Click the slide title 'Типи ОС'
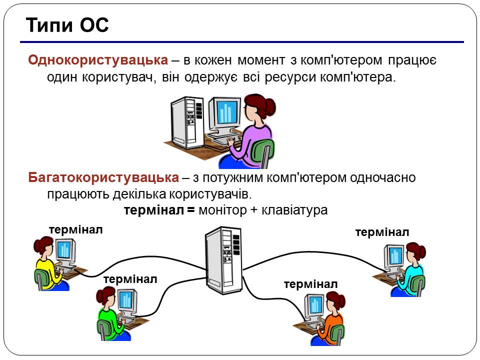coord(66,25)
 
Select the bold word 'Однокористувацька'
coord(98,60)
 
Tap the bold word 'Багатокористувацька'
coord(103,177)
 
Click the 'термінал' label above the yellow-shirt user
coord(76,229)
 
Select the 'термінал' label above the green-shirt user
coord(130,279)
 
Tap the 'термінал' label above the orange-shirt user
coord(310,284)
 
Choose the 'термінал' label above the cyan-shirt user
coord(382,232)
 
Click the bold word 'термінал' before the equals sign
coord(154,210)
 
